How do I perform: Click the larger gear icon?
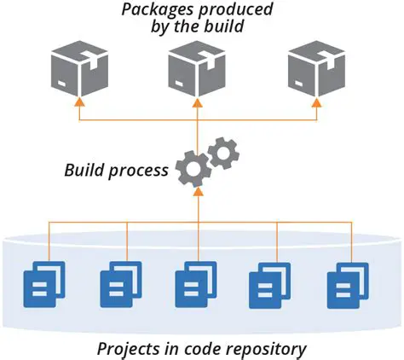[193, 169]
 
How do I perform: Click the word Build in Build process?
[85, 170]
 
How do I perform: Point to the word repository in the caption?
[268, 349]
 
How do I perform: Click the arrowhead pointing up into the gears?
[198, 193]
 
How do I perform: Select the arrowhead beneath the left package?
[80, 102]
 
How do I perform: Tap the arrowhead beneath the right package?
[316, 102]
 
